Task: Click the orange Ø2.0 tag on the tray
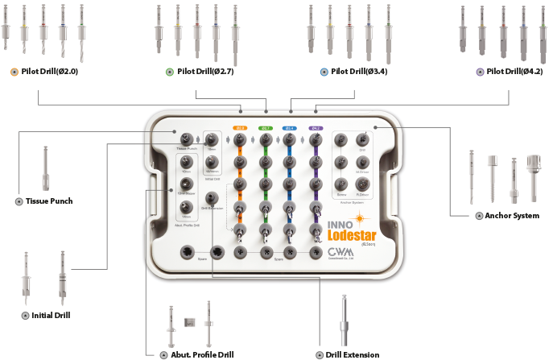239,127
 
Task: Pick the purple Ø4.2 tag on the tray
316,127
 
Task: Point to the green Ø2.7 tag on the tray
265,127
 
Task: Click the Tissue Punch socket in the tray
187,139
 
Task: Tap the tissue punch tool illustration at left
45,169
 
